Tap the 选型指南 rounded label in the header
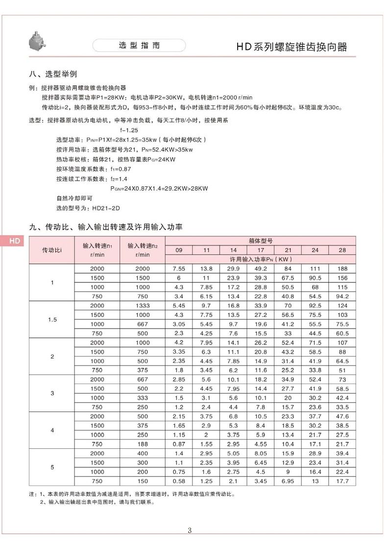pyautogui.click(x=139, y=46)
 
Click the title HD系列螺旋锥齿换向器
pyautogui.click(x=292, y=47)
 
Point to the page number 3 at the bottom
pyautogui.click(x=190, y=530)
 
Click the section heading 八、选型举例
pyautogui.click(x=53, y=75)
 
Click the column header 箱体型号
pyautogui.click(x=260, y=241)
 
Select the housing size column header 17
pyautogui.click(x=260, y=250)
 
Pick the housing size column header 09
pyautogui.click(x=179, y=250)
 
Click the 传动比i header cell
pyautogui.click(x=52, y=250)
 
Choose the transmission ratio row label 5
pyautogui.click(x=52, y=467)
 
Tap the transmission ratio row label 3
pyautogui.click(x=52, y=393)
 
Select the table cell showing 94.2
pyautogui.click(x=342, y=296)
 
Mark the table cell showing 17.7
pyautogui.click(x=342, y=481)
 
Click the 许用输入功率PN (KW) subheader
pyautogui.click(x=260, y=259)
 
